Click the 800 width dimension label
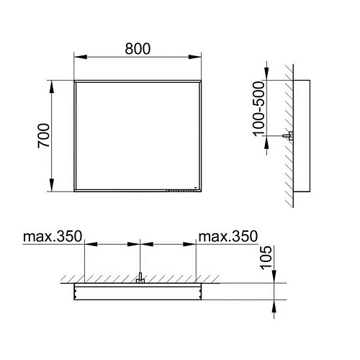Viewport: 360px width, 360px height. [138, 49]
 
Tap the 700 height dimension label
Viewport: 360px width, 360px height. [44, 136]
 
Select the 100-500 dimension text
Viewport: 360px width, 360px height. [258, 109]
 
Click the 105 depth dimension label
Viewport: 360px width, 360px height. [266, 258]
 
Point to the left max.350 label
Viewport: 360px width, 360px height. [53, 236]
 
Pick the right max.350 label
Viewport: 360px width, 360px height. [228, 236]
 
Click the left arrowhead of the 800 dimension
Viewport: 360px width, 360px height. [81, 57]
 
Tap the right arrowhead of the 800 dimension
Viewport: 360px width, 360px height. [195, 57]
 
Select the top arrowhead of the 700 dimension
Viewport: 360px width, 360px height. [51, 86]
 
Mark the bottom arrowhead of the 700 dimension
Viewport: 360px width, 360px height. [51, 185]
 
